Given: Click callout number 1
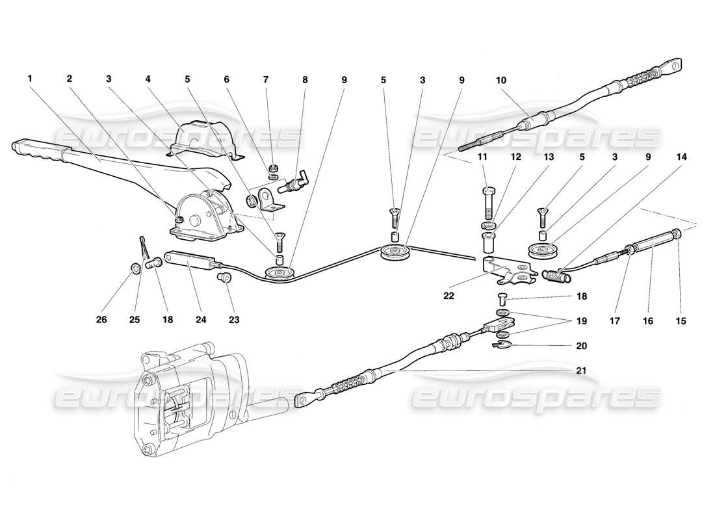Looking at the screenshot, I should click(x=29, y=79).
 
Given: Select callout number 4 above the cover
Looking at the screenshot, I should click(x=148, y=79).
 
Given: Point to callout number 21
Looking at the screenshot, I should click(x=580, y=370).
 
